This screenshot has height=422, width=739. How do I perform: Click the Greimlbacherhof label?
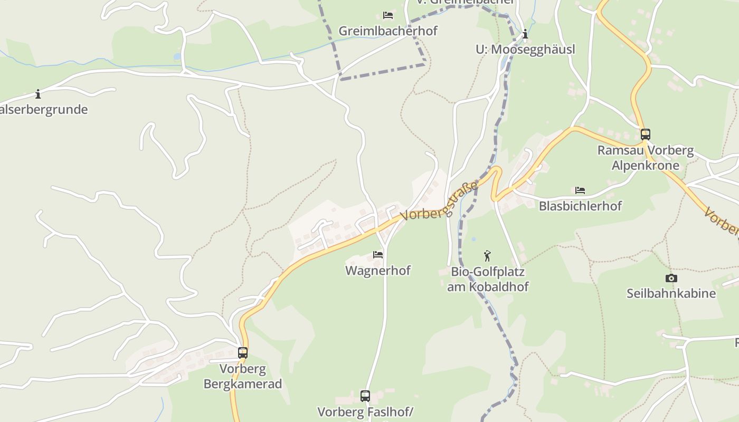click(388, 31)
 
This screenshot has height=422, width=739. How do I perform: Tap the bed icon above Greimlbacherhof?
click(388, 15)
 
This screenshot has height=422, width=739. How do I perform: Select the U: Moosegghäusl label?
click(525, 50)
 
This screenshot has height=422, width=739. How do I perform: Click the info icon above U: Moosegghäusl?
click(525, 35)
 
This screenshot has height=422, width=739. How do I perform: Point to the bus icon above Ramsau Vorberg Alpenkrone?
click(645, 135)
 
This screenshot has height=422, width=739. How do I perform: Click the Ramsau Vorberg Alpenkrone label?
click(645, 158)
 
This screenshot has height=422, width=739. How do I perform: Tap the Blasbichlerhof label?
click(580, 206)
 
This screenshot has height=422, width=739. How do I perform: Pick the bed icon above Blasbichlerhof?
click(580, 190)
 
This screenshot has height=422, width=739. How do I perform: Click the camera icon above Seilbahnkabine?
click(671, 278)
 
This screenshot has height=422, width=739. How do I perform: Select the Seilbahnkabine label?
click(671, 293)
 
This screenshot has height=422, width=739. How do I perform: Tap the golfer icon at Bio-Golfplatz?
click(487, 256)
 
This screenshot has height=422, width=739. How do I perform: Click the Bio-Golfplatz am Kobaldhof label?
click(487, 280)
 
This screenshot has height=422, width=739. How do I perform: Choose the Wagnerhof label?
click(377, 271)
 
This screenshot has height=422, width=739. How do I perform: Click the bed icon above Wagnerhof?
click(378, 255)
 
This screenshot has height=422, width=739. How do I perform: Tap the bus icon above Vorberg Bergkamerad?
click(243, 353)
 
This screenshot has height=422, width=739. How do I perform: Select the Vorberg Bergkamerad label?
click(243, 376)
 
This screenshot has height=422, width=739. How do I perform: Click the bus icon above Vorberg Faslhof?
click(365, 396)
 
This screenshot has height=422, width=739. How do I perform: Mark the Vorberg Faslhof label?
click(365, 411)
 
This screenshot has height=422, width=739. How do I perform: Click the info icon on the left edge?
click(38, 94)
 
